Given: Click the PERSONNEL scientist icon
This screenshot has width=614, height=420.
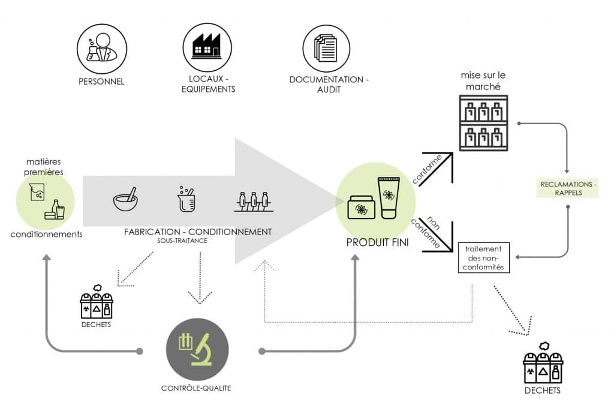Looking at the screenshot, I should click(101, 49).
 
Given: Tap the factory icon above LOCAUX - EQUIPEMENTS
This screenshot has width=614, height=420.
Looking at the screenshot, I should click(207, 49).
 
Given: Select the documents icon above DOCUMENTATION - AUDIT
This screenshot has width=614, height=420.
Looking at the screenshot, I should click(327, 49).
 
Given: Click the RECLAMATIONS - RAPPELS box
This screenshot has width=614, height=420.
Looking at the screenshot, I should click(568, 188).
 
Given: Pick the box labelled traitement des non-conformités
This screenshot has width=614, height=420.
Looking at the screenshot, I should click(483, 257).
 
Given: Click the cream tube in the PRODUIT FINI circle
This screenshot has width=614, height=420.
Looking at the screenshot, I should click(388, 198).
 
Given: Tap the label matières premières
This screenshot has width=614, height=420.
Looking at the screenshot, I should click(45, 166).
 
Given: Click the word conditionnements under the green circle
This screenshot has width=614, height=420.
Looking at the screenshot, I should click(46, 234).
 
